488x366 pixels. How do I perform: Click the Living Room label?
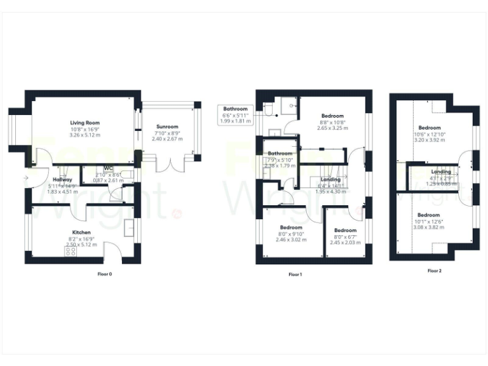pyautogui.click(x=85, y=123)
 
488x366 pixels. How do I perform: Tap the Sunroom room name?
pyautogui.click(x=166, y=126)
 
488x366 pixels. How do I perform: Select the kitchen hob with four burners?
pyautogui.click(x=71, y=251)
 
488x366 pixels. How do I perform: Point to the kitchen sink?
pyautogui.click(x=130, y=227)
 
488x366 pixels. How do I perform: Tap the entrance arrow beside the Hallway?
pyautogui.click(x=25, y=179)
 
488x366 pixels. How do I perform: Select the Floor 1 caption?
pyautogui.click(x=295, y=274)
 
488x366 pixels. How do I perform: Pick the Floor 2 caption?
pyautogui.click(x=435, y=271)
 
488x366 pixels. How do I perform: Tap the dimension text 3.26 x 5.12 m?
pyautogui.click(x=85, y=135)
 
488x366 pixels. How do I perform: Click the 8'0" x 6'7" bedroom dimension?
pyautogui.click(x=346, y=236)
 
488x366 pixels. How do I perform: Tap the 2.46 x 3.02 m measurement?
pyautogui.click(x=291, y=240)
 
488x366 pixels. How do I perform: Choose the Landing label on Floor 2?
pyautogui.click(x=441, y=172)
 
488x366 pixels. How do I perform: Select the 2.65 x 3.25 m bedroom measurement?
pyautogui.click(x=332, y=128)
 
